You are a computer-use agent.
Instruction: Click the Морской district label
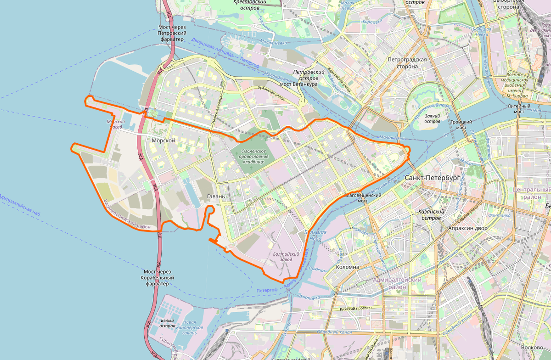pos(163,141)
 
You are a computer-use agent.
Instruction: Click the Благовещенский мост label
pos(363,198)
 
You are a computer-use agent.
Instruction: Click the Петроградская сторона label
pos(407,63)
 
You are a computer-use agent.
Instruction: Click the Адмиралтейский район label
pos(397,283)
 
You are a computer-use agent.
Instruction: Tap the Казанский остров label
pos(430,215)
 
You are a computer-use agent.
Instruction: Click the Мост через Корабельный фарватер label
pos(157,278)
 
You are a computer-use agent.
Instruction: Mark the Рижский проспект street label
pos(355,309)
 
